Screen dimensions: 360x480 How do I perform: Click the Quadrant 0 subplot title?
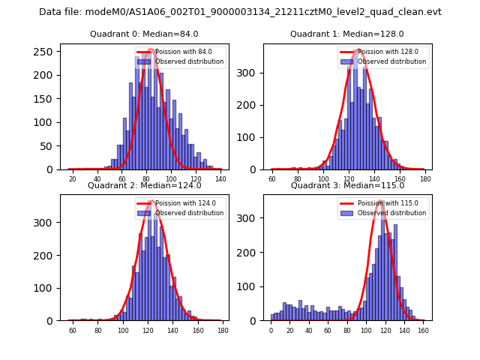coord(144,34)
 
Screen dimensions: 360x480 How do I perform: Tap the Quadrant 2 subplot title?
coord(144,185)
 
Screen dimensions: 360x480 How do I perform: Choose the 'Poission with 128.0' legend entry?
coord(386,52)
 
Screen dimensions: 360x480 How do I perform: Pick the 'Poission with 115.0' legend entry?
coord(386,203)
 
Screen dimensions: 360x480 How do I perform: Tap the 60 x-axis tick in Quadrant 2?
coord(73,331)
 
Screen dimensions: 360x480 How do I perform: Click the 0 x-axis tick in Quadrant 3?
coord(271,331)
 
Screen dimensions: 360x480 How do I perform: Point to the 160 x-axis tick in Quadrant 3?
coord(422,331)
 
